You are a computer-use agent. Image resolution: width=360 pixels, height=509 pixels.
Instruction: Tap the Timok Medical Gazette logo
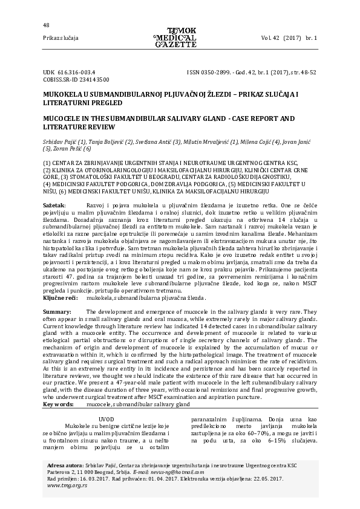175,37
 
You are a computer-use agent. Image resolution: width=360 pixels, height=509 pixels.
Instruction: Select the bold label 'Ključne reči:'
59,298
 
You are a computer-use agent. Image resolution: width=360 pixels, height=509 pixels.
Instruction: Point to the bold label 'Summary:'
57,311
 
